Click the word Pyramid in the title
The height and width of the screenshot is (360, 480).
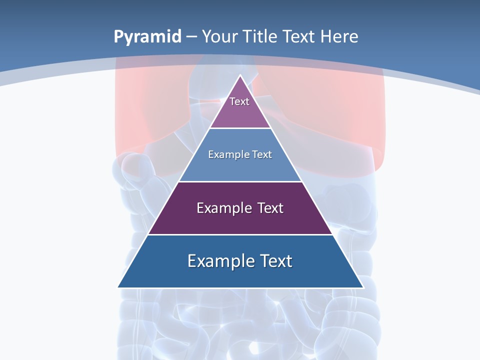tap(147, 37)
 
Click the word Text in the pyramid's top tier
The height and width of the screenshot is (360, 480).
tap(239, 101)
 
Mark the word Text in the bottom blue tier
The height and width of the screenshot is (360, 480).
tap(275, 261)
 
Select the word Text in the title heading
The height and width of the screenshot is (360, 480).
tap(299, 36)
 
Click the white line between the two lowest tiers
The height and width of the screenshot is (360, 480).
tap(240, 234)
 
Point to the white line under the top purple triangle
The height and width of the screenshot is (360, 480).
tap(240, 128)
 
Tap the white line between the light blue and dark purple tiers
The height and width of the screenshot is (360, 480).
tap(240, 181)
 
